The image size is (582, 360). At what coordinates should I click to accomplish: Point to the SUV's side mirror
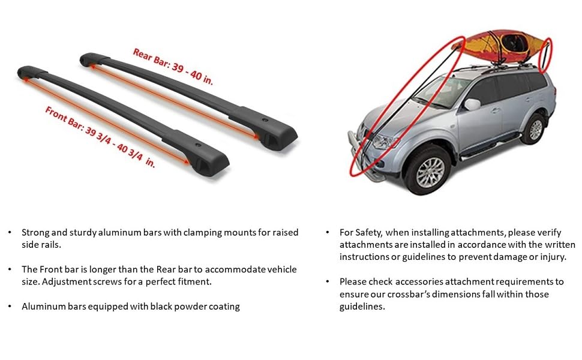[x=472, y=105]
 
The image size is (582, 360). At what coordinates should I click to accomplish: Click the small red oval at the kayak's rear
[x=545, y=55]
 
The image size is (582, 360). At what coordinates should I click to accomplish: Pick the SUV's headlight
[x=383, y=142]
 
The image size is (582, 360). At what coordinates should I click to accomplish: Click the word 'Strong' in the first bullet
[x=35, y=232]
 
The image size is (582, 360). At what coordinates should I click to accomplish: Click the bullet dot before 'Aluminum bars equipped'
[x=10, y=306]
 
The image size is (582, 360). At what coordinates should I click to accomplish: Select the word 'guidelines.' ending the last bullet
[x=362, y=306]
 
